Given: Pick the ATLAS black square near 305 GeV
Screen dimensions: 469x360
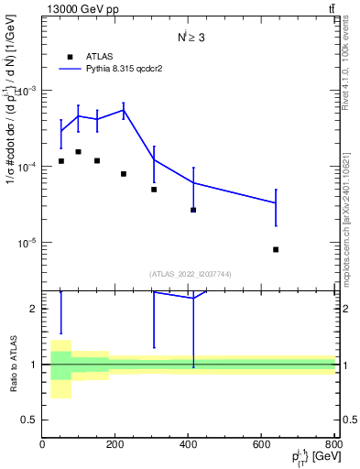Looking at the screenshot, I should click(154, 190).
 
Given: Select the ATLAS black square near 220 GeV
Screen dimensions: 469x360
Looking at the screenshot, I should click(124, 173).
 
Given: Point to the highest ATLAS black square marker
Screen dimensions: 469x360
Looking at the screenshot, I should click(79, 151).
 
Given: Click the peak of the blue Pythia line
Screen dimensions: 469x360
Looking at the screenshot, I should click(124, 110).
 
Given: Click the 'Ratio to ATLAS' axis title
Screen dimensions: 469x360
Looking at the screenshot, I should click(13, 365).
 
